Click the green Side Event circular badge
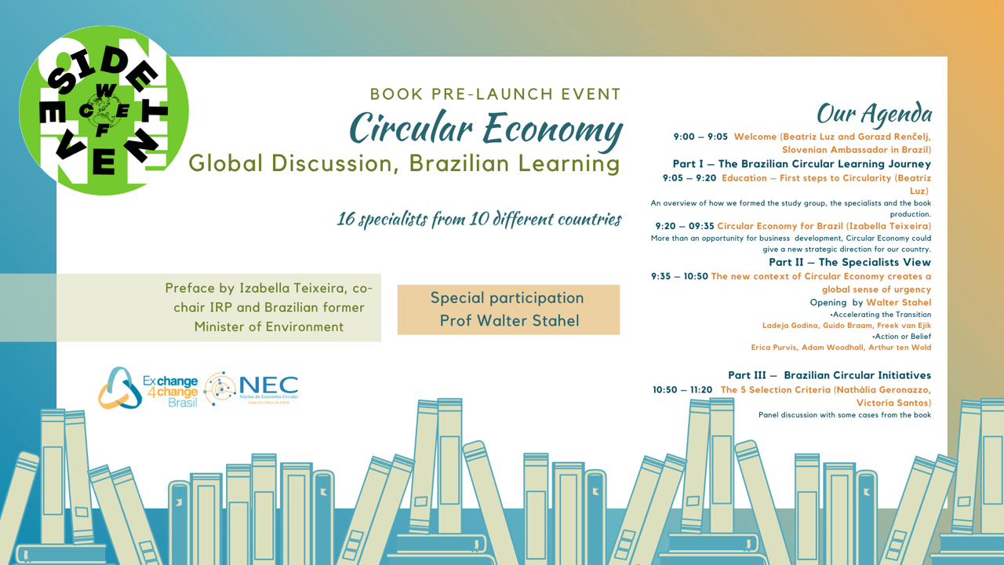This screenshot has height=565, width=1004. [104, 111]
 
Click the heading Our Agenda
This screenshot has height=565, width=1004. [874, 115]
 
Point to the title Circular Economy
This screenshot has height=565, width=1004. [486, 128]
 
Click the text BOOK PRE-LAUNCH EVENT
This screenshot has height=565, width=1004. [496, 94]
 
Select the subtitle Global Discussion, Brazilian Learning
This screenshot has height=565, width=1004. [404, 163]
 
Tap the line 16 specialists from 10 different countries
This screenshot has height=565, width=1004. [479, 219]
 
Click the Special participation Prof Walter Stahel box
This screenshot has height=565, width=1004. [508, 309]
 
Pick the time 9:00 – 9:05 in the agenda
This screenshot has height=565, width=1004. [700, 137]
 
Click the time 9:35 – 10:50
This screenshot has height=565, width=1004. [679, 276]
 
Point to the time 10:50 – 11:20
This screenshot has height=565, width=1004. [682, 389]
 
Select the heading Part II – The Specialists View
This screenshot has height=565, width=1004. [849, 262]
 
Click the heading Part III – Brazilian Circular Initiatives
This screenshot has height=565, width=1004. [829, 375]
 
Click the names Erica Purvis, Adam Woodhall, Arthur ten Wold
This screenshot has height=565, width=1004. [841, 347]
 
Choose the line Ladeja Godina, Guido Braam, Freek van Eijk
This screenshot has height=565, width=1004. [846, 325]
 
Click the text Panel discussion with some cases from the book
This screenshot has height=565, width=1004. [845, 414]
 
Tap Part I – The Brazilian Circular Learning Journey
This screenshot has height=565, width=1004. [802, 164]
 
